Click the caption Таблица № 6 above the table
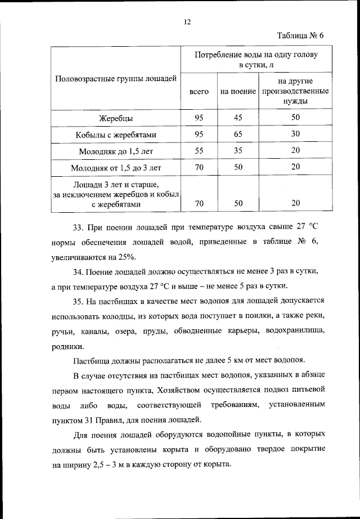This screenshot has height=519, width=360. tap(300, 37)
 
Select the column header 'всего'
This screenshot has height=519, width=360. tap(199, 91)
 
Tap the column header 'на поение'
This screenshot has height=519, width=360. tap(238, 91)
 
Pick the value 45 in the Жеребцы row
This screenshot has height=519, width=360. tap(238, 118)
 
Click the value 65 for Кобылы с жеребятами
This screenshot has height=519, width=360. tap(238, 134)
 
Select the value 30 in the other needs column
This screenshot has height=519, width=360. tap(295, 134)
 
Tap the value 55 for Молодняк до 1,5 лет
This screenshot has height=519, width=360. tap(199, 151)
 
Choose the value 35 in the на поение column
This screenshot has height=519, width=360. tap(238, 151)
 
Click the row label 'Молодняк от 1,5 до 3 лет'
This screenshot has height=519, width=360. tap(116, 168)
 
